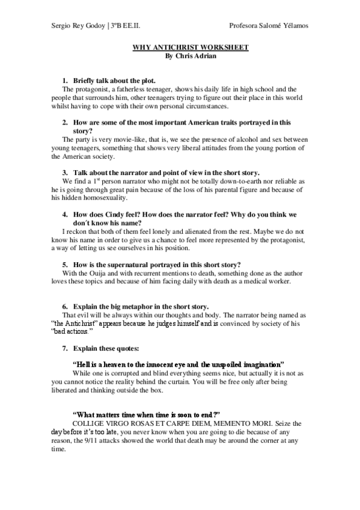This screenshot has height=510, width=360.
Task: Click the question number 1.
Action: click(65, 81)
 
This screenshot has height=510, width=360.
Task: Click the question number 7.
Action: click(65, 349)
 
